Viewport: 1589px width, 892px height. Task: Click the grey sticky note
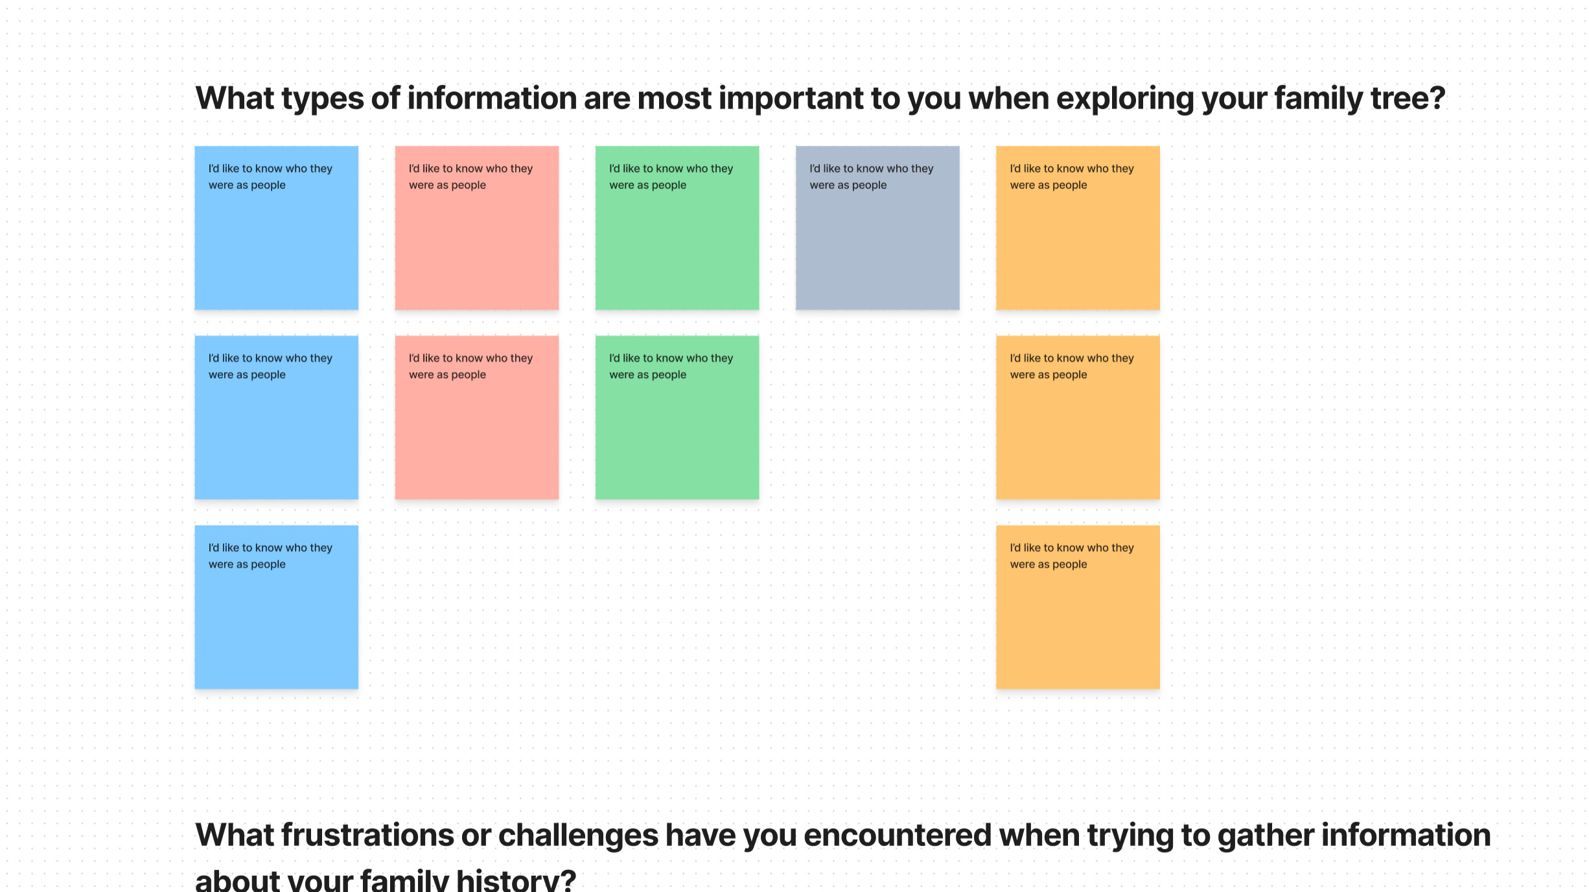[x=877, y=228]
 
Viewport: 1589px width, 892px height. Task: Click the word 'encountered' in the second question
[x=898, y=835]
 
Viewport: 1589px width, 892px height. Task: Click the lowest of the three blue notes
[x=277, y=607]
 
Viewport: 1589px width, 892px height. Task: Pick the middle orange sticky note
[x=1078, y=417]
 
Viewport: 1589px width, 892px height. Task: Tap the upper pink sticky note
[x=477, y=228]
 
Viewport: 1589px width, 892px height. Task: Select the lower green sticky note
[x=677, y=417]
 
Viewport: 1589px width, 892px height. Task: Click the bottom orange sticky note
[x=1078, y=607]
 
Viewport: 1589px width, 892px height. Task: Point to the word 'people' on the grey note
[x=869, y=186]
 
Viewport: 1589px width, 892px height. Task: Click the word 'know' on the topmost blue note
[x=268, y=169]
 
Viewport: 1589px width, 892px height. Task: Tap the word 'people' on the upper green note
[x=669, y=186]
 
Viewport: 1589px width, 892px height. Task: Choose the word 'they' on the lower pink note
[x=522, y=358]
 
